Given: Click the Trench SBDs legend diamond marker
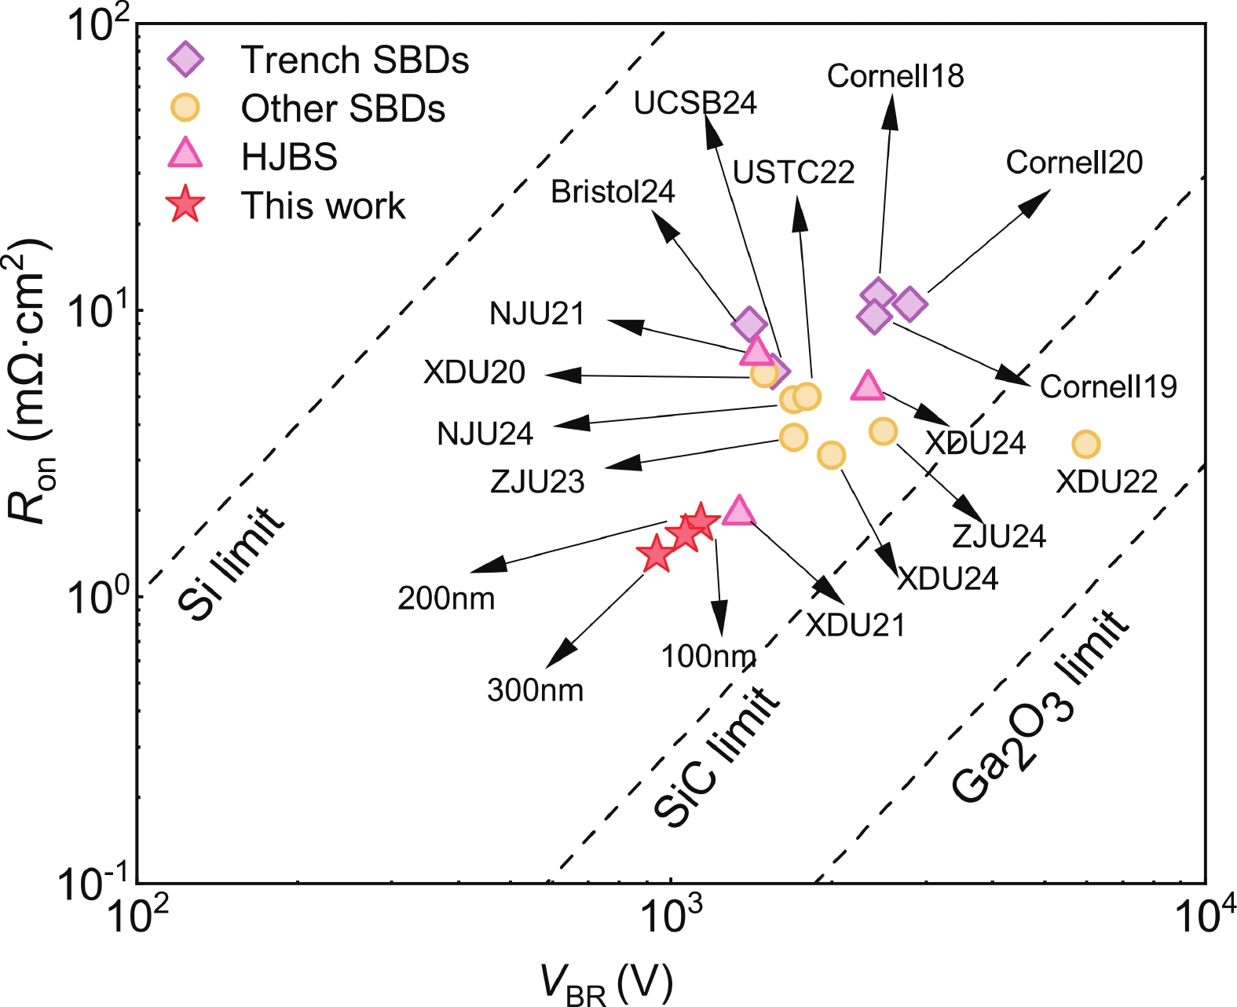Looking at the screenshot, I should (x=187, y=60).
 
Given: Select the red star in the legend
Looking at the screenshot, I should (x=187, y=205).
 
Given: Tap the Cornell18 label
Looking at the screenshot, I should (x=895, y=76).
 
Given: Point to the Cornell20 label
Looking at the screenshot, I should (x=1074, y=163).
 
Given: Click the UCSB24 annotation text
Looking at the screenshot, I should (x=695, y=103).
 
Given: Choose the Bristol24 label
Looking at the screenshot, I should (x=613, y=192).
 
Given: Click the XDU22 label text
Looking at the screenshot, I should (x=1106, y=482).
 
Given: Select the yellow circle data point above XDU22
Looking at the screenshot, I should (x=1085, y=445).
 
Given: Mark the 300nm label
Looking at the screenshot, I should (x=536, y=690).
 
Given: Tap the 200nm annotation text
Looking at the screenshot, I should (x=446, y=599).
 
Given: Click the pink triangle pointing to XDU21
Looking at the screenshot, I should (x=738, y=511).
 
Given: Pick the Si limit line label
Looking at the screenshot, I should (x=229, y=562).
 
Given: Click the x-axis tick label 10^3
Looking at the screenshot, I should (x=670, y=912).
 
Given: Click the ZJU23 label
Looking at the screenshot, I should (x=537, y=482).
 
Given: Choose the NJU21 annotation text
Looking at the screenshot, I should (x=537, y=314).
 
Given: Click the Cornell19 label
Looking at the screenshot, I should (x=1108, y=386).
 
